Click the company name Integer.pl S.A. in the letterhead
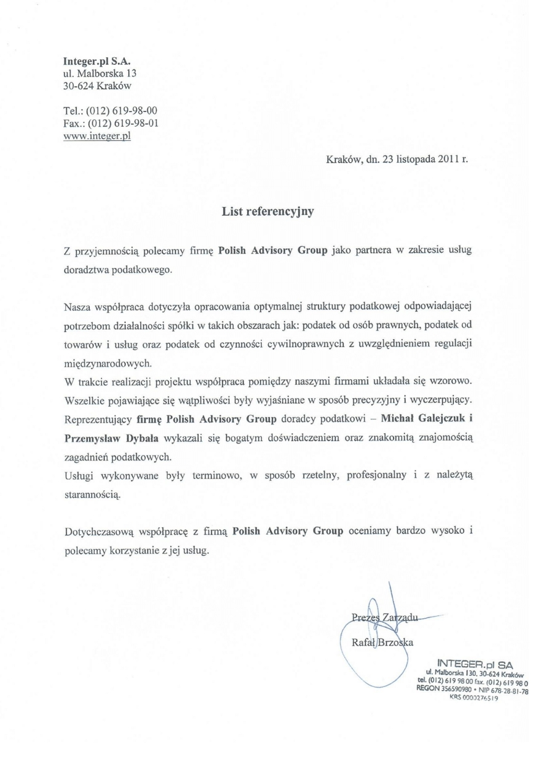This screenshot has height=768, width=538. click(98, 61)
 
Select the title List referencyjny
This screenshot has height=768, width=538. click(268, 213)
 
